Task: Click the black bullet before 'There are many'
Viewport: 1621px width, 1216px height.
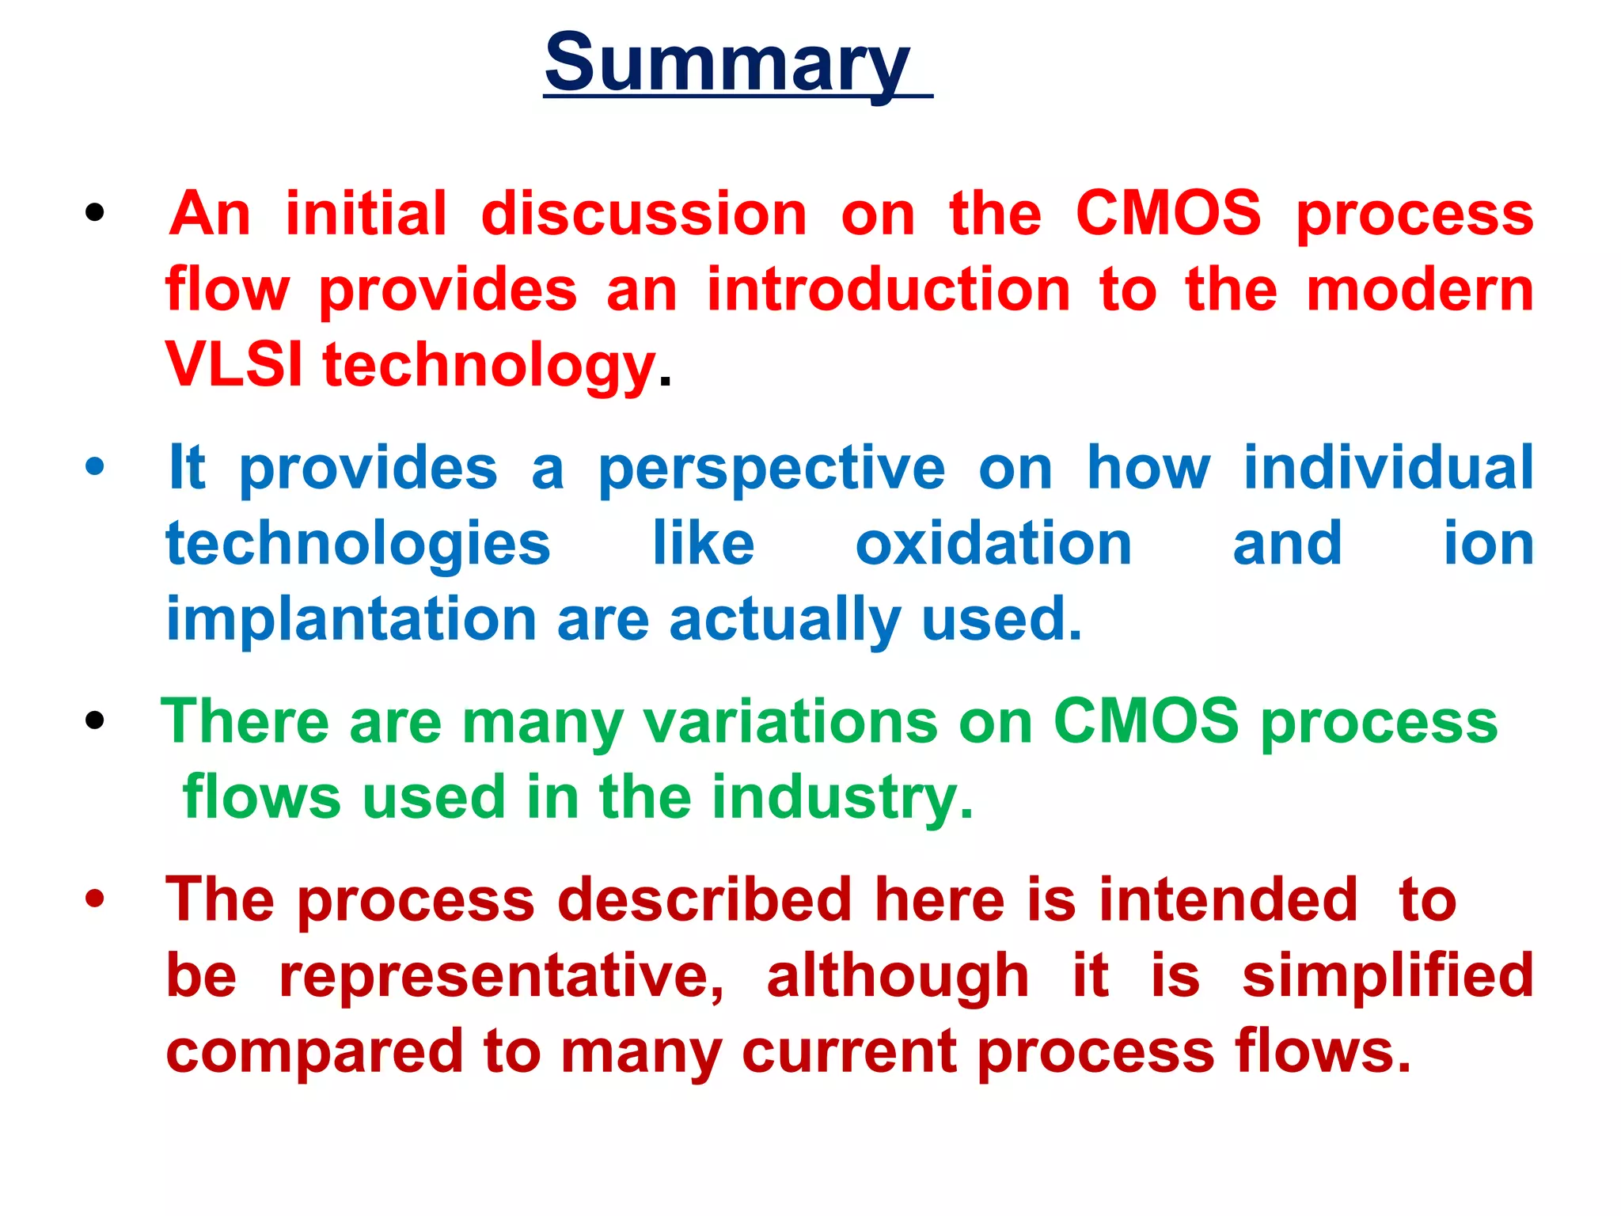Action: (x=95, y=720)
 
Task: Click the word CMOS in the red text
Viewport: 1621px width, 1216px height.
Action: (x=1168, y=213)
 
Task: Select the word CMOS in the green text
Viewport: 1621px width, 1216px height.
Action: (x=1145, y=721)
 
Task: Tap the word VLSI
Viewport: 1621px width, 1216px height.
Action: (x=233, y=365)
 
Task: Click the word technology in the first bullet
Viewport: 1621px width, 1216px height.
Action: (x=489, y=367)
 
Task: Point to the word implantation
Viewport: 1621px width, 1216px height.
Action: (x=351, y=620)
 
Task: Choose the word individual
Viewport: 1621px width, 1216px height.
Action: (x=1388, y=467)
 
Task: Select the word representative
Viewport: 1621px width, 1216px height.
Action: (x=501, y=977)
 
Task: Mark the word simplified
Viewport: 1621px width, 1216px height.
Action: (x=1388, y=976)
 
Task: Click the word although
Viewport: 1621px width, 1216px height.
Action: (x=898, y=976)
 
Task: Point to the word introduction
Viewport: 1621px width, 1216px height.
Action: (x=888, y=290)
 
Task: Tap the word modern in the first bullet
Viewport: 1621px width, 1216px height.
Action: (x=1420, y=290)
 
